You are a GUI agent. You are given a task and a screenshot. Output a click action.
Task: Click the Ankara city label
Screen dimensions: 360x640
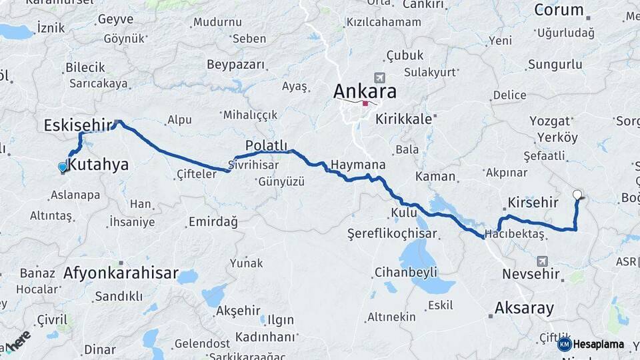tap(365, 91)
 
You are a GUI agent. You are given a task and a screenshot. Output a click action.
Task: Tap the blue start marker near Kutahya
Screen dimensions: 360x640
tap(63, 167)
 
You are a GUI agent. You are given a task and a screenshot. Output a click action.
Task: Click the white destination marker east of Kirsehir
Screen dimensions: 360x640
tap(577, 195)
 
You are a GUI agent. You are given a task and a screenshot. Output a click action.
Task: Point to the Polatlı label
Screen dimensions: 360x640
tap(266, 145)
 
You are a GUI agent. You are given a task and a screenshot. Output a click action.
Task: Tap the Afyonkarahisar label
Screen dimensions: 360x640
tap(121, 273)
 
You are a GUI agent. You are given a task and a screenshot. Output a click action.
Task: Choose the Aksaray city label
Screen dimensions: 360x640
tap(524, 308)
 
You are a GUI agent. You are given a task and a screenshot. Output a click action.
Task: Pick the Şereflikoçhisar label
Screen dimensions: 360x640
tap(392, 233)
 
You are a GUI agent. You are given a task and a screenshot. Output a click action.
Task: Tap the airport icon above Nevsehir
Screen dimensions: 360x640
tap(542, 261)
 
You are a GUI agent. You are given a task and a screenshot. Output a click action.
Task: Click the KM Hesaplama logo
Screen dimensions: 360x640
tap(591, 344)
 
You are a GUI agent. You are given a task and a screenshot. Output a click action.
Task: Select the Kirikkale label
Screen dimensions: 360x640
tap(405, 119)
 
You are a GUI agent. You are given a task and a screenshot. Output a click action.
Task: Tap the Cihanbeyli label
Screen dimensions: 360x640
tap(405, 272)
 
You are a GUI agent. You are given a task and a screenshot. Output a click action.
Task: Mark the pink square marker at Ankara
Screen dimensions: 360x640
tap(365, 103)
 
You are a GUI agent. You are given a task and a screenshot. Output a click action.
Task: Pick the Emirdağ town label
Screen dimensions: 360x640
tap(213, 222)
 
